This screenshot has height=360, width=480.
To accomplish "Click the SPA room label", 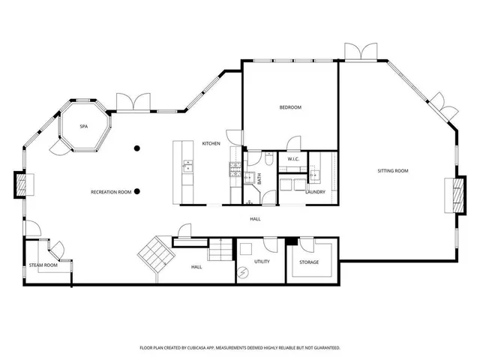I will click(84, 127).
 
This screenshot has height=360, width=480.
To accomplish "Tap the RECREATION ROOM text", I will click(111, 192).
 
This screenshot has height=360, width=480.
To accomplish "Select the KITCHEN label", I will click(211, 143).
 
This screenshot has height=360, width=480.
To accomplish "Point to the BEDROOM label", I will click(290, 108).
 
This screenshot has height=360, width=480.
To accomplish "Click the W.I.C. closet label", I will click(293, 159).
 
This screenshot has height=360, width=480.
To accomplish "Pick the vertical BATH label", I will click(259, 179).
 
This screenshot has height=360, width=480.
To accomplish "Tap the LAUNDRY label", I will click(315, 192).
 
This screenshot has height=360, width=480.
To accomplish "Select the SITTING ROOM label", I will click(392, 172).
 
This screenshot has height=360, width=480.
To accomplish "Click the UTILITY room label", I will click(262, 262).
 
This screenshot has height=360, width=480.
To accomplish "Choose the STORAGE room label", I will click(309, 262).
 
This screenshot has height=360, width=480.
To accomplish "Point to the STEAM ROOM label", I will click(43, 265).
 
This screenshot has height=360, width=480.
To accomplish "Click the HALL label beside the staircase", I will click(196, 267).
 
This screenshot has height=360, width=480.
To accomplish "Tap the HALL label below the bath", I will click(256, 219).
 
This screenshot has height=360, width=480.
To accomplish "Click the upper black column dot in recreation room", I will click(136, 148).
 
